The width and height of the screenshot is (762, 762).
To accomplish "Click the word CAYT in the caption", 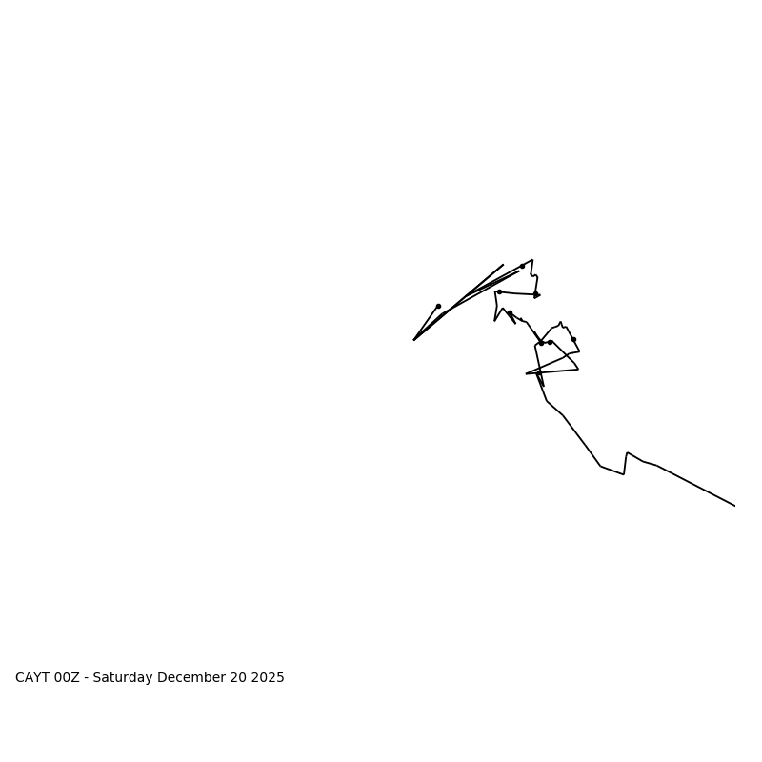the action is pyautogui.click(x=32, y=678).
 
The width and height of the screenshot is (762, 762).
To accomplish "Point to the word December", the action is pyautogui.click(x=189, y=678).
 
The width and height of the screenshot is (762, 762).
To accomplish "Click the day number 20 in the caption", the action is pyautogui.click(x=234, y=678).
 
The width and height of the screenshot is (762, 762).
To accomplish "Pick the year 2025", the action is pyautogui.click(x=267, y=678).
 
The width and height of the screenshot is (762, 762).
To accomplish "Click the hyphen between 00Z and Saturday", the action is pyautogui.click(x=87, y=678).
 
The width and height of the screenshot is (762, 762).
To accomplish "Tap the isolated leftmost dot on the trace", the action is pyautogui.click(x=438, y=306).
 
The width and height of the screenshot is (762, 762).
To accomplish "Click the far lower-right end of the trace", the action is pyautogui.click(x=734, y=506).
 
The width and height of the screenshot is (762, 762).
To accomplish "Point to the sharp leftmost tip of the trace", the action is pyautogui.click(x=413, y=340).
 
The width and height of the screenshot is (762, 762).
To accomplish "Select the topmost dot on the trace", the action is pyautogui.click(x=522, y=266).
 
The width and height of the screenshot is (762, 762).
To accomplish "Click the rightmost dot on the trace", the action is pyautogui.click(x=573, y=339).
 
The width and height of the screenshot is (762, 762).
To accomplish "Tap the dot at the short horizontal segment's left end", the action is pyautogui.click(x=499, y=291).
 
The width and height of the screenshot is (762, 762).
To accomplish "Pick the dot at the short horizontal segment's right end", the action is pyautogui.click(x=535, y=294).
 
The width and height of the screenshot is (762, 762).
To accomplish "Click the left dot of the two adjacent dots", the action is pyautogui.click(x=541, y=343).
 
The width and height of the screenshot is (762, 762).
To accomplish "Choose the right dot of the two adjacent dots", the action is pyautogui.click(x=550, y=342).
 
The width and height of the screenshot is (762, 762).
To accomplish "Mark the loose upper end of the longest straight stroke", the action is pyautogui.click(x=503, y=265).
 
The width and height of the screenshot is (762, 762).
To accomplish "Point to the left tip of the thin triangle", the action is pyautogui.click(x=526, y=373).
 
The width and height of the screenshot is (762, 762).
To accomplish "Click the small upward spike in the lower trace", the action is pyautogui.click(x=628, y=452).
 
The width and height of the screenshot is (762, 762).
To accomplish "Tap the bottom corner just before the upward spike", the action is pyautogui.click(x=624, y=474).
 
